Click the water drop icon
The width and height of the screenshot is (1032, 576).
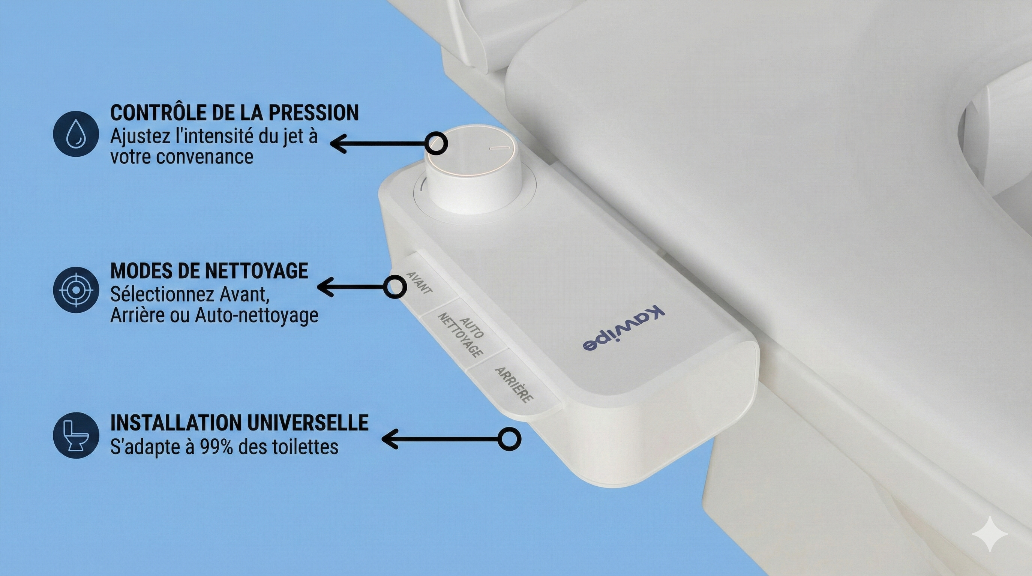click(x=76, y=133)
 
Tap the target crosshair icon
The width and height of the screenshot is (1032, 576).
click(x=76, y=289)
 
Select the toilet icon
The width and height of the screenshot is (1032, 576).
click(x=76, y=435)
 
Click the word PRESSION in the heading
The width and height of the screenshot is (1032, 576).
click(x=313, y=112)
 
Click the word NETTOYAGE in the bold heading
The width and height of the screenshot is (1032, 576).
click(x=256, y=271)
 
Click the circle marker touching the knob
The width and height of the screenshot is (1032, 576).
click(x=435, y=143)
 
